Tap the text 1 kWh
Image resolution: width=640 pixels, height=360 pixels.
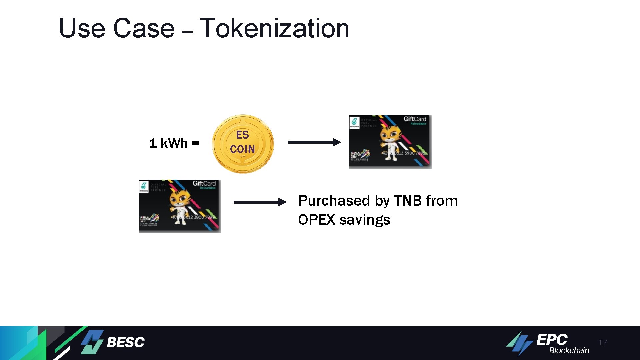click(168, 143)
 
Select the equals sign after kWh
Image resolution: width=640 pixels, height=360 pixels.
click(196, 143)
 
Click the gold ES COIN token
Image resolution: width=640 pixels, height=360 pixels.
click(243, 144)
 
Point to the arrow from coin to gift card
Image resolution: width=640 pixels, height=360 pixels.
click(314, 142)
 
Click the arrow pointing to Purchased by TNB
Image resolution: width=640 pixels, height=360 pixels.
click(260, 202)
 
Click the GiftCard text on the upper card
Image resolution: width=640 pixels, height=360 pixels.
click(415, 119)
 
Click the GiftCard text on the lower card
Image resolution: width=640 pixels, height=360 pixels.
click(204, 183)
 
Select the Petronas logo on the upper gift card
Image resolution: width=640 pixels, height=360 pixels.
click(354, 122)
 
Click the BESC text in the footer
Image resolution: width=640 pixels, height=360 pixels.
click(126, 342)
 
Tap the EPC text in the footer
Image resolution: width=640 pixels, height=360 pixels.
click(552, 340)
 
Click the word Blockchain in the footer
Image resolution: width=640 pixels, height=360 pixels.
click(569, 351)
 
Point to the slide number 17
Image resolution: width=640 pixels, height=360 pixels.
click(603, 342)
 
